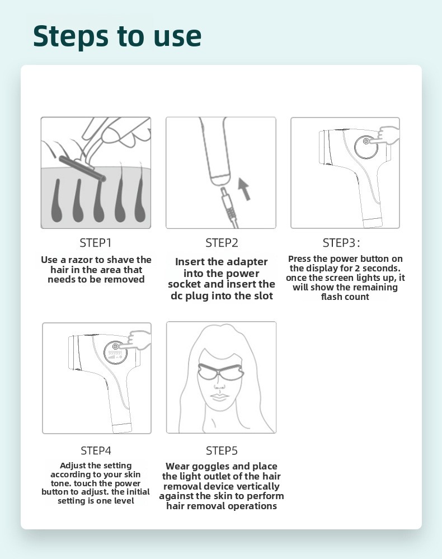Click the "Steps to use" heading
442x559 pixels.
[x=117, y=36]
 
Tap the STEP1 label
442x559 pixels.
[x=96, y=243]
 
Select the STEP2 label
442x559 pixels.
[x=222, y=243]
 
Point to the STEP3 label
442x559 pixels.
[x=341, y=243]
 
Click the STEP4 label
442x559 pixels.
[x=96, y=450]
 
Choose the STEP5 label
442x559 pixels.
[x=222, y=450]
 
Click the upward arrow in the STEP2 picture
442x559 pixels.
[x=244, y=189]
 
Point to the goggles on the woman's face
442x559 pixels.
[x=220, y=373]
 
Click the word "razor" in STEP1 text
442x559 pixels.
[x=81, y=260]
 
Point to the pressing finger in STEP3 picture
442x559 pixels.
[x=387, y=135]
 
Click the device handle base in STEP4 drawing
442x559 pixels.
[x=123, y=428]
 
